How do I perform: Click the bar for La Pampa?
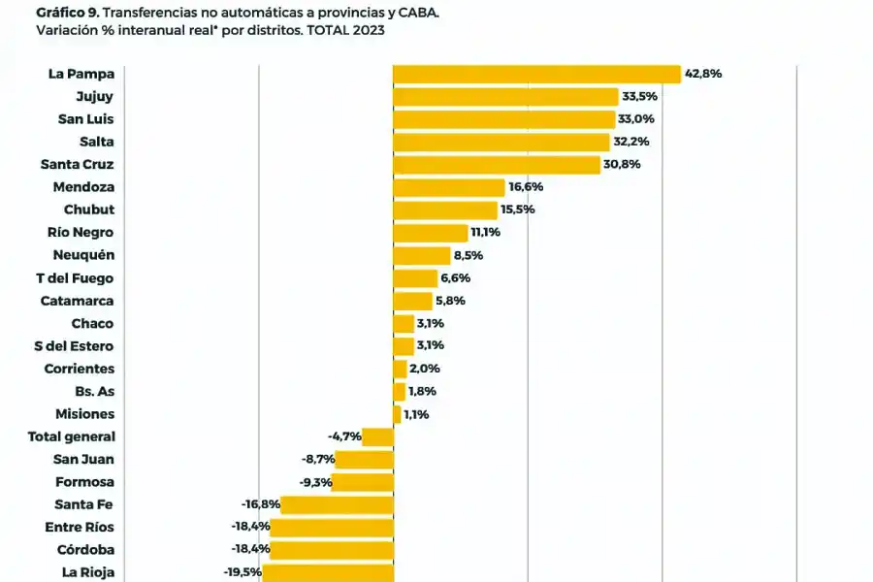tap(536, 74)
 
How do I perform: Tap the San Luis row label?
tap(85, 118)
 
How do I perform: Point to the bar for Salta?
tap(501, 142)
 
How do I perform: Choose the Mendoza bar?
tap(448, 187)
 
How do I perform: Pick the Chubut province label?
tap(89, 210)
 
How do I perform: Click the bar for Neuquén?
tap(421, 255)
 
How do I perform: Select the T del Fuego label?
tap(74, 278)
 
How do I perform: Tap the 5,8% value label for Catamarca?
tap(450, 301)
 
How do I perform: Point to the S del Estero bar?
tap(403, 346)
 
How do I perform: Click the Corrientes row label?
tap(79, 369)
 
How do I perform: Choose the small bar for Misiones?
tap(397, 414)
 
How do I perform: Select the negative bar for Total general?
tap(377, 436)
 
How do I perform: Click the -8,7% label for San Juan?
tap(318, 460)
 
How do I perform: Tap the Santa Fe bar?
tap(337, 504)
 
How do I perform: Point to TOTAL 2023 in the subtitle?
tap(345, 31)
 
